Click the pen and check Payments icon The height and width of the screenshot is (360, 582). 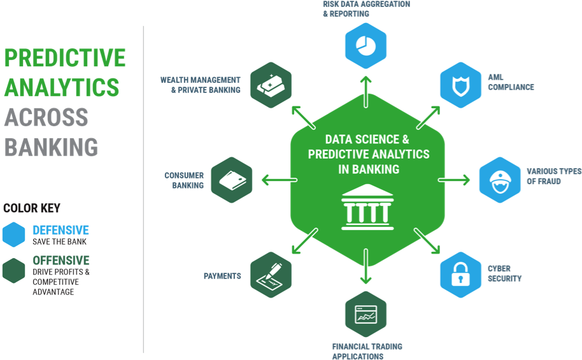[271, 275]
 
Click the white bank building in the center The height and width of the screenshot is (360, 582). [366, 208]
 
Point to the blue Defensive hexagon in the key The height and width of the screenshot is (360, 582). [13, 234]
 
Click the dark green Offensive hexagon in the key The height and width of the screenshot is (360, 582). [13, 270]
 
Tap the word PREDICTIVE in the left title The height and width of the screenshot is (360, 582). [65, 58]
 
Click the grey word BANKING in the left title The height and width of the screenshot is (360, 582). [51, 147]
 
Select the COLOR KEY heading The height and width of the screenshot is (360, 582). [31, 208]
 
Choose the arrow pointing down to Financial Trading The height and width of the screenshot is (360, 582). [366, 266]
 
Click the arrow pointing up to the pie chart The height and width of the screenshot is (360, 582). [366, 92]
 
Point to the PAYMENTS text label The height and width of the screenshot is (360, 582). [222, 277]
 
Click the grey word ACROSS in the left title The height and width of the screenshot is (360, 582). [46, 117]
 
